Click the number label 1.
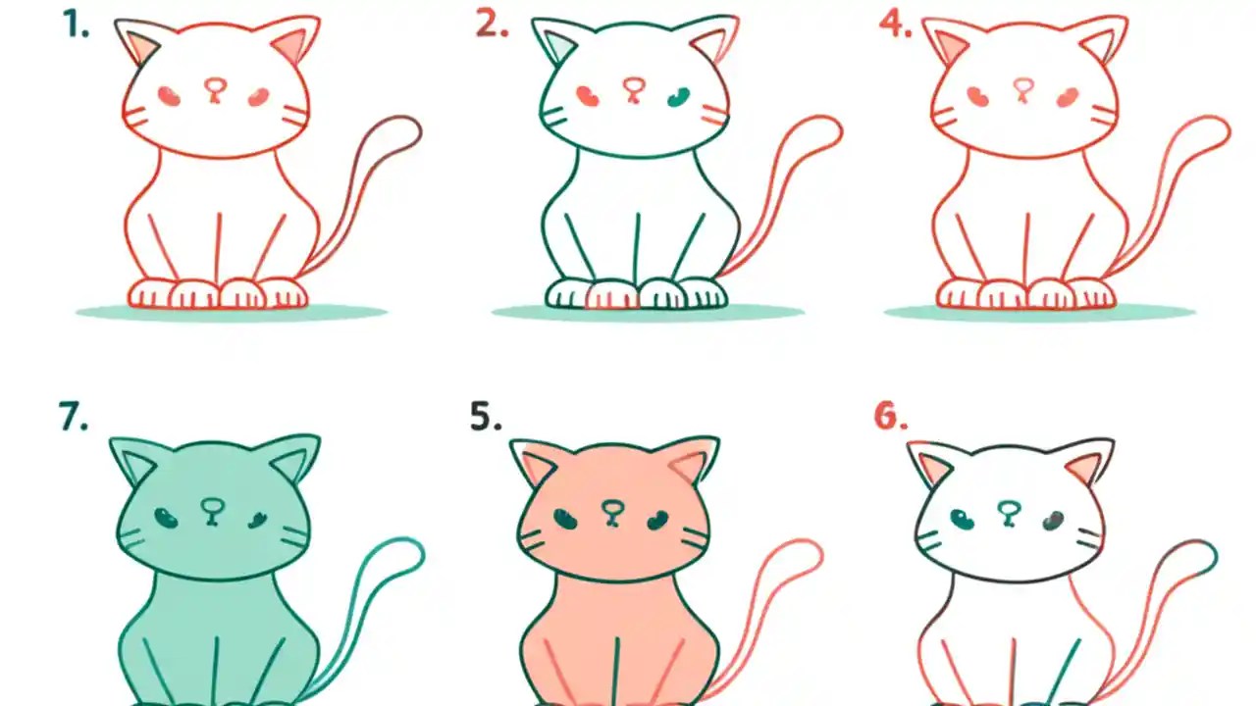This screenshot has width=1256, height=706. pos(76,25)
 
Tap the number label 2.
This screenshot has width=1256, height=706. pos(492,25)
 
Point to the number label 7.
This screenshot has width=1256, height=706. pos(74,417)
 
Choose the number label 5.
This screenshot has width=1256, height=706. pos(486,417)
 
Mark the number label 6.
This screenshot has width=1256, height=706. pos(891,417)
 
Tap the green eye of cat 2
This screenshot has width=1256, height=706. pos(678,96)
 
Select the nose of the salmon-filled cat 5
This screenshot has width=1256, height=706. pos(613,510)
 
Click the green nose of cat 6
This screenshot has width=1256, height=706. pos(1008,510)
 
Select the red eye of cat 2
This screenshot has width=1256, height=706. pos(588,96)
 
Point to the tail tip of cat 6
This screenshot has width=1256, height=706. pos(1203,554)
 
